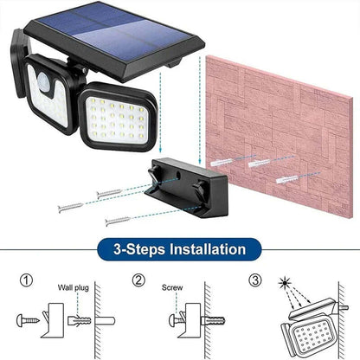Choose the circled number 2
coord(138,280)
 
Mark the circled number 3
coord(254,280)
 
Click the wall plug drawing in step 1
coord(79,318)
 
